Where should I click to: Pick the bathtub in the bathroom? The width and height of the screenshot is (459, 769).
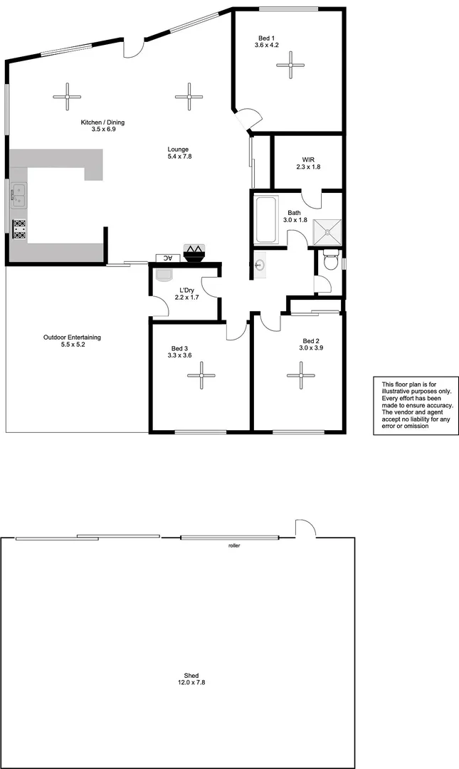click(x=266, y=219)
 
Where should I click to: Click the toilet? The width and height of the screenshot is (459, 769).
click(x=330, y=263)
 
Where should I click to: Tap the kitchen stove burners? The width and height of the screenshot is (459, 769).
click(x=20, y=229)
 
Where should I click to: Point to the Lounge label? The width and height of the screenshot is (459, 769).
click(x=179, y=152)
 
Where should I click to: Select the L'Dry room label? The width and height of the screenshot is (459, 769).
click(x=186, y=293)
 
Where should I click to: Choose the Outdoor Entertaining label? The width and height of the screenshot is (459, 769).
click(x=72, y=340)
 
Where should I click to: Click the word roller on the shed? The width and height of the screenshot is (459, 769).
click(x=234, y=545)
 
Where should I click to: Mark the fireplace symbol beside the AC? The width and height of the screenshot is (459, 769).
click(x=194, y=251)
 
